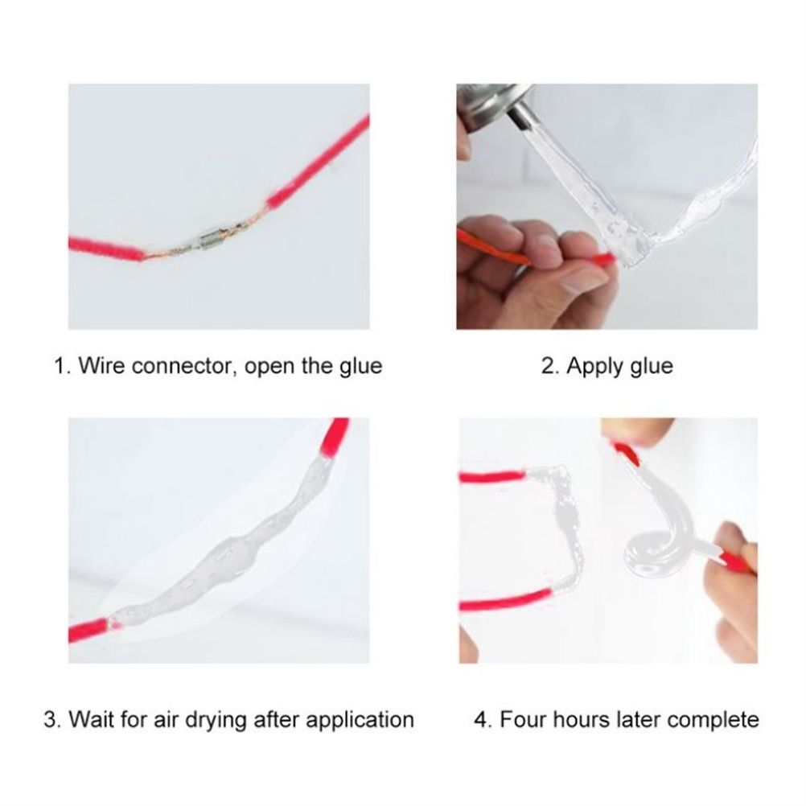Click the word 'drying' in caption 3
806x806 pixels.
pos(216,720)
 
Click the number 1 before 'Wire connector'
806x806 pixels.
pos(60,366)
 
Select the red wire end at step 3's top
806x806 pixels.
pos(335,437)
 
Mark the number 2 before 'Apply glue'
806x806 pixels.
pos(548,366)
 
